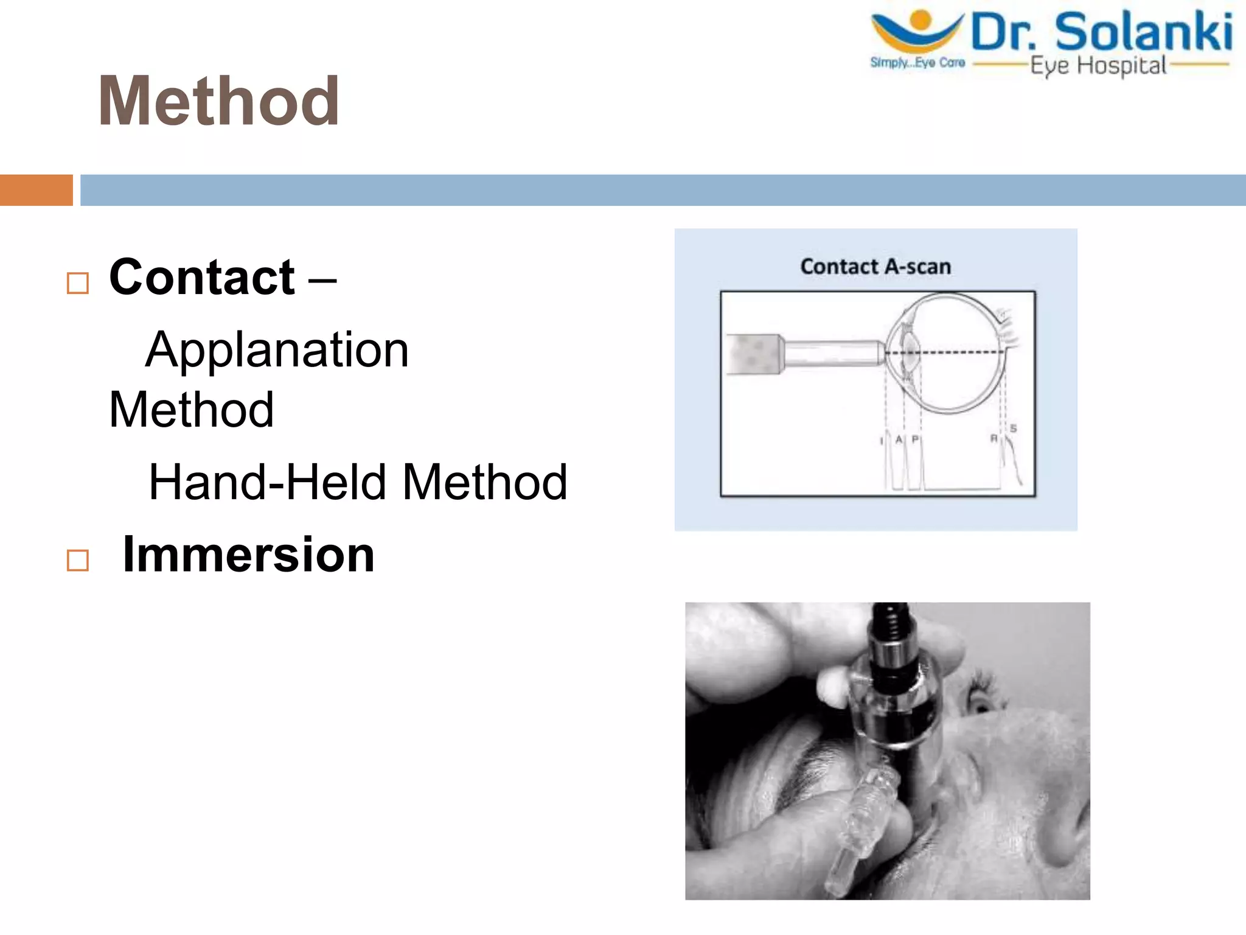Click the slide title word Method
(x=218, y=101)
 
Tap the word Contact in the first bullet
(x=202, y=277)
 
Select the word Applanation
(x=277, y=350)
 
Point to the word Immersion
(x=248, y=555)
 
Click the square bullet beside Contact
(x=78, y=283)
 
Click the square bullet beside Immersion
(x=78, y=560)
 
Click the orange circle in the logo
(x=921, y=19)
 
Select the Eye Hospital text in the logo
(x=1098, y=66)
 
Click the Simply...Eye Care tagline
(x=917, y=63)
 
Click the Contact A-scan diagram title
(x=875, y=267)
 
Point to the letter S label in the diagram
(x=1013, y=429)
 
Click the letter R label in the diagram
(x=994, y=438)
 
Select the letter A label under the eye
(x=899, y=439)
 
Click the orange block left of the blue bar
(x=37, y=190)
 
